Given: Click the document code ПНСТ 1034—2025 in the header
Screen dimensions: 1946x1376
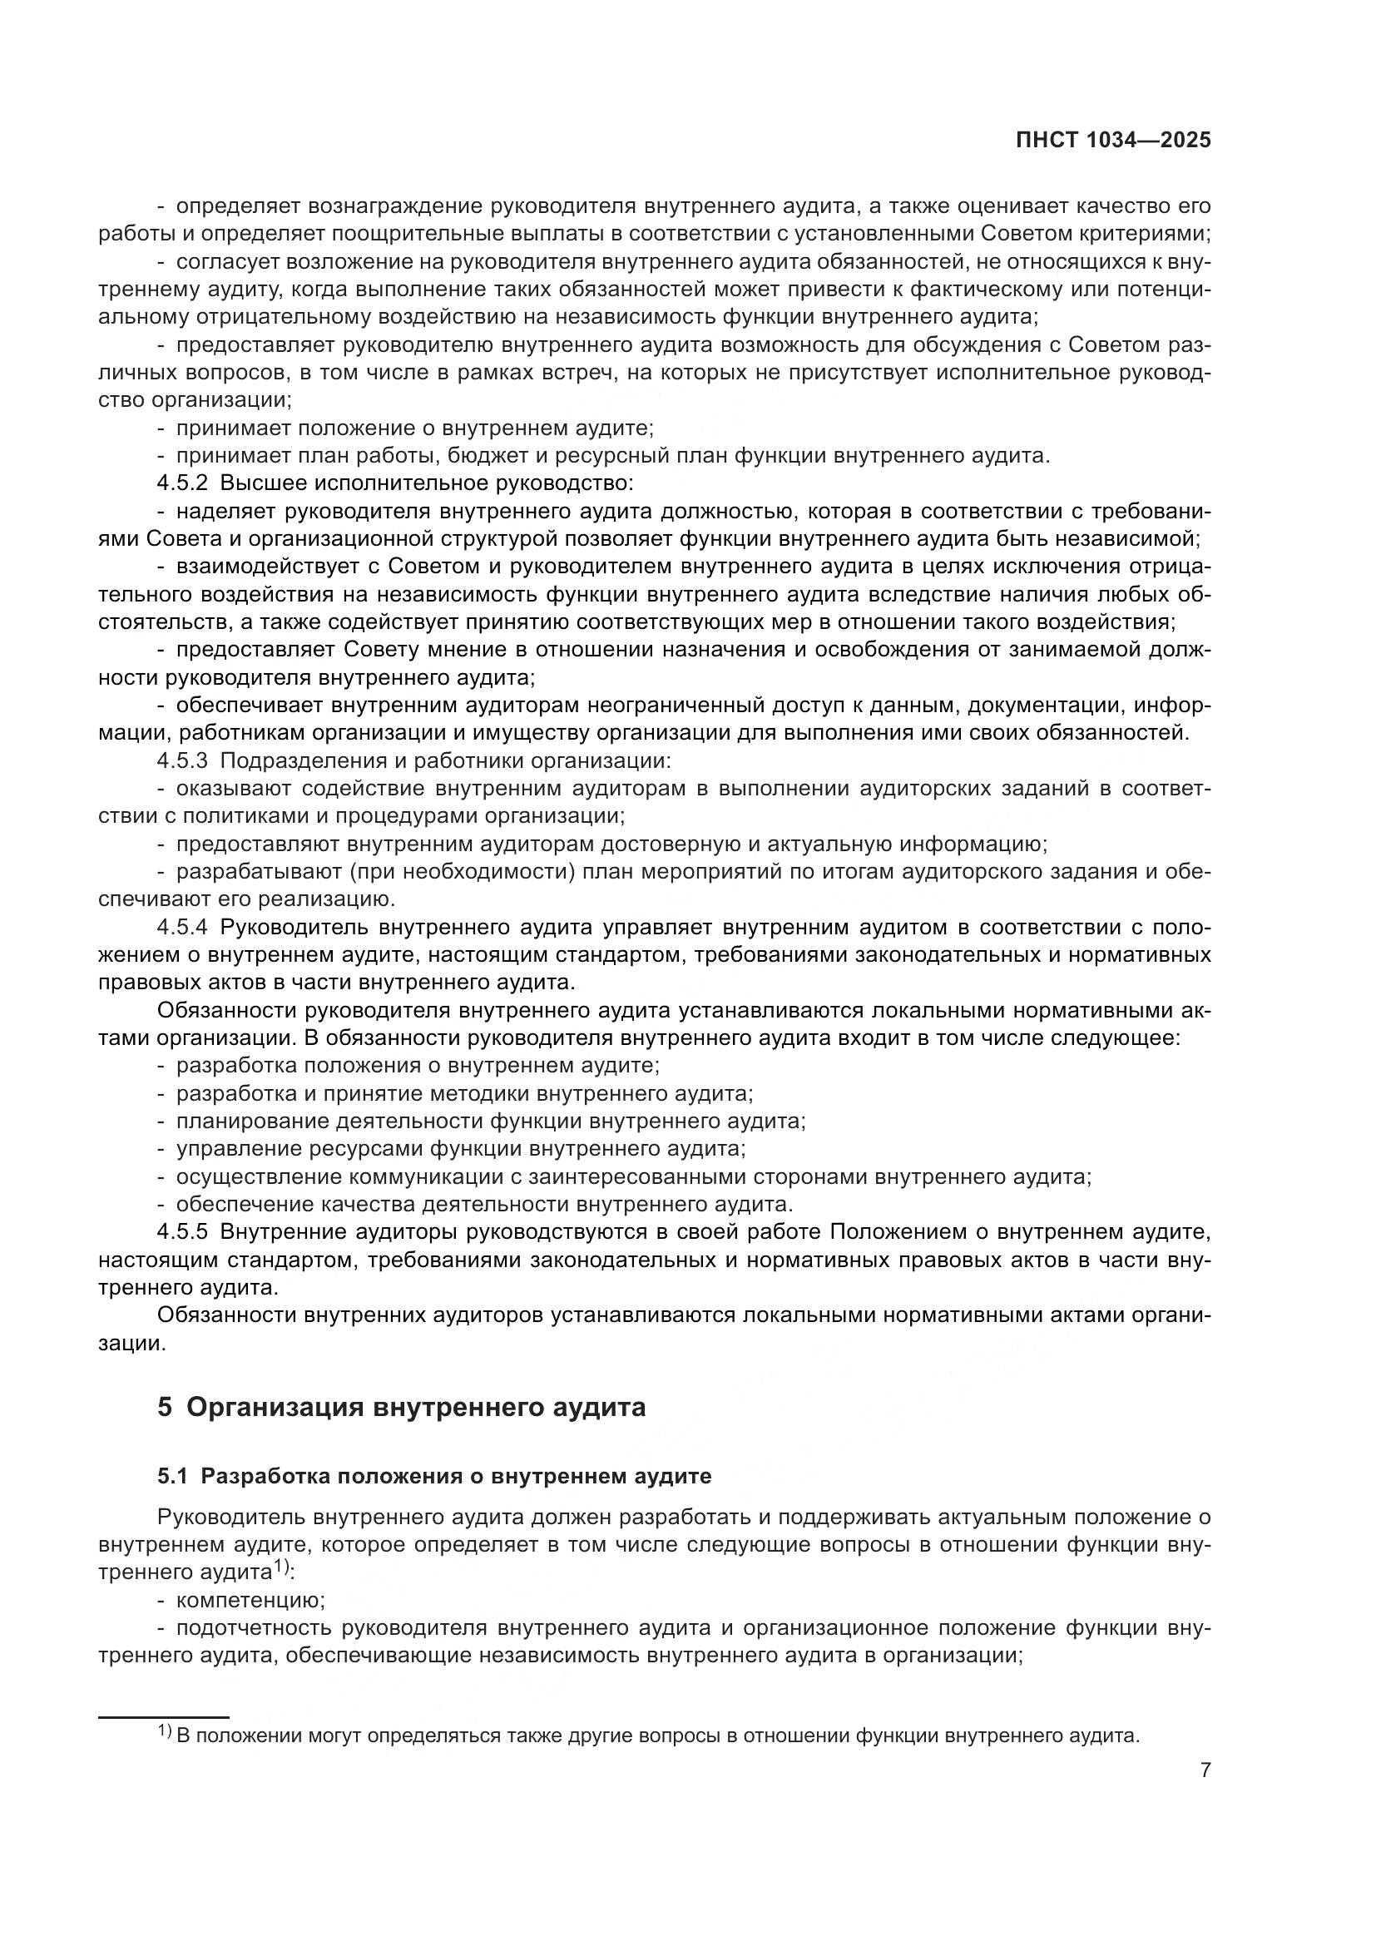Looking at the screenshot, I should coord(1112,141).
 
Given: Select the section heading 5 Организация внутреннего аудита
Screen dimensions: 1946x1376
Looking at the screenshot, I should coord(401,1407).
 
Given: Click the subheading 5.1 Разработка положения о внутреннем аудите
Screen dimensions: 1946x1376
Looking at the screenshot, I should coord(433,1476).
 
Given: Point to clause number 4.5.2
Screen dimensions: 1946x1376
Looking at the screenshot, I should coord(182,483).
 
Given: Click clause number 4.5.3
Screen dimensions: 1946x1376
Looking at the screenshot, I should coord(182,760).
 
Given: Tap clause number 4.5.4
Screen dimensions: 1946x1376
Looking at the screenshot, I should coord(182,926).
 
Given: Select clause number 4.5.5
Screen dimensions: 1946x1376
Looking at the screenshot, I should coord(182,1231).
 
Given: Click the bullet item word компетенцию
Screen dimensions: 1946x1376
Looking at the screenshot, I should coord(250,1600).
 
